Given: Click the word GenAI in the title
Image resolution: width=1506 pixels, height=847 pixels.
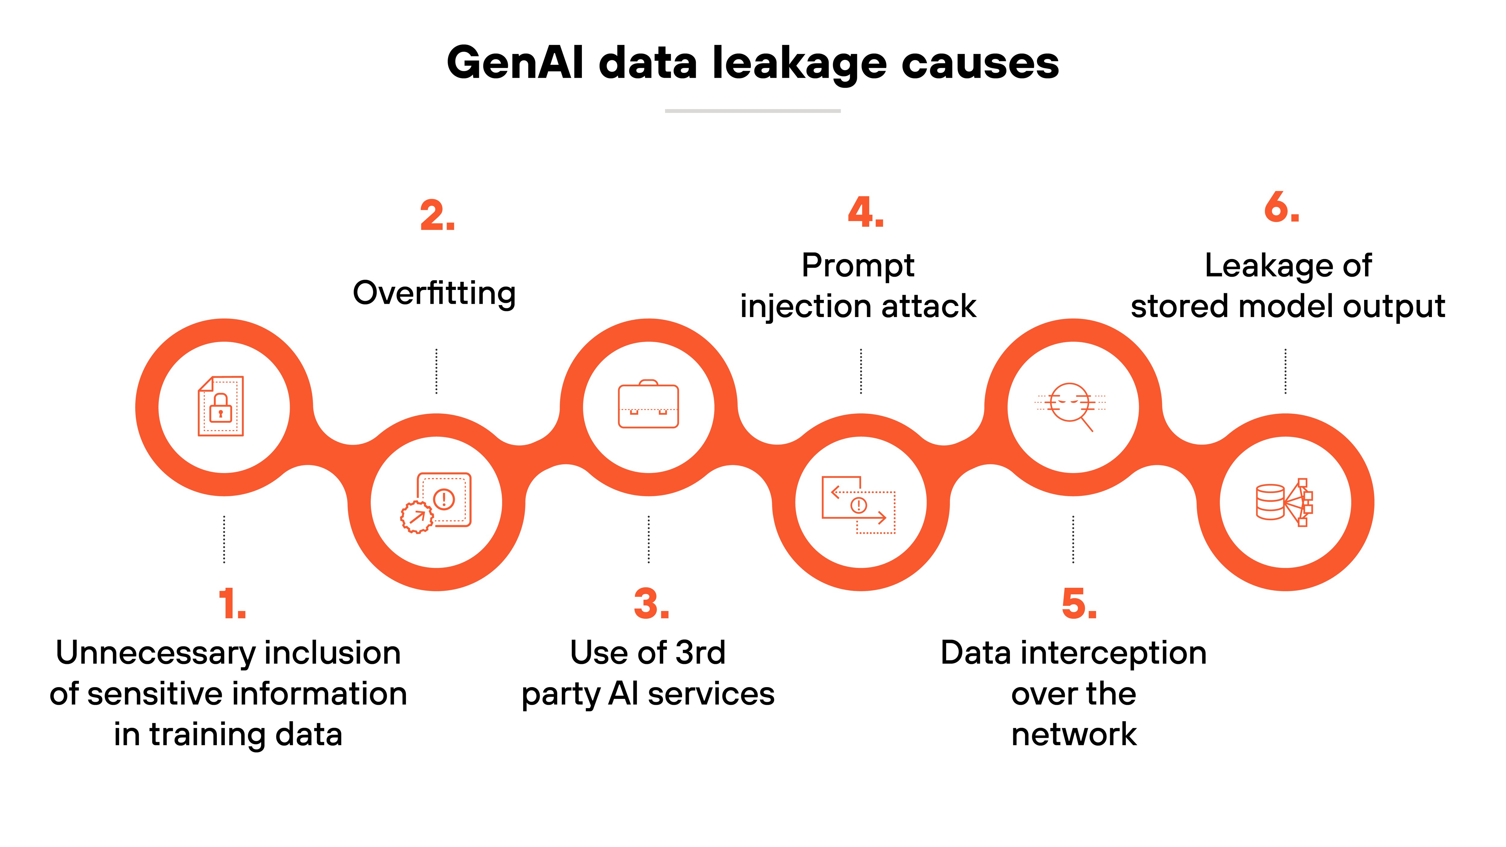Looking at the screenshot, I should [514, 63].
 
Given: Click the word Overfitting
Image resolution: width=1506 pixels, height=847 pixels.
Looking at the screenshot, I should [434, 293].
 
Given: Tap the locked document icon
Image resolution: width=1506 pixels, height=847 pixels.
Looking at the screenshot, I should [221, 406].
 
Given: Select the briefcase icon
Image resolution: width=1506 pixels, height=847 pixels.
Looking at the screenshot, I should [648, 404].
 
